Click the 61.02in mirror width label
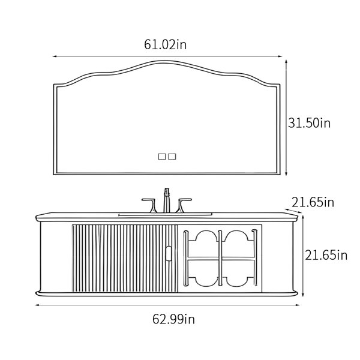click(166, 44)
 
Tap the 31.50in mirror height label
click(309, 123)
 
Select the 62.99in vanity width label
click(173, 319)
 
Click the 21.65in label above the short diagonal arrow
click(313, 202)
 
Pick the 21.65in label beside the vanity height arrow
click(326, 255)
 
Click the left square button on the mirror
click(162, 157)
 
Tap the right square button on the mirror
click(172, 157)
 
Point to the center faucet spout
click(166, 200)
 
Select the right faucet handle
click(183, 205)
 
